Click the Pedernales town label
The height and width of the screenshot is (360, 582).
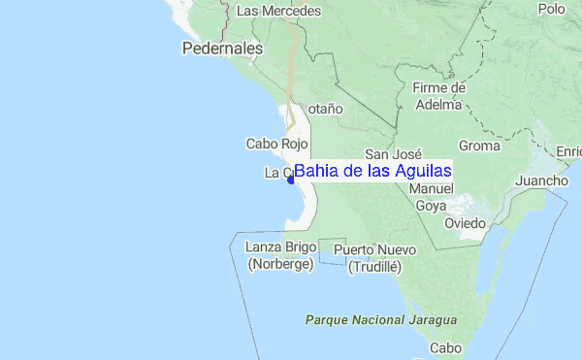click(x=222, y=48)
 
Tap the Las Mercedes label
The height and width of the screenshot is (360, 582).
click(x=278, y=11)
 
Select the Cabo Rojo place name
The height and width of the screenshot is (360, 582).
click(x=275, y=144)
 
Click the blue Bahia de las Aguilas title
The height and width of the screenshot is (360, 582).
click(x=372, y=170)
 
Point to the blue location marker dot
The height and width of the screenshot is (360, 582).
click(x=290, y=179)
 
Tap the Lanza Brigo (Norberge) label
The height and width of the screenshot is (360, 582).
click(x=279, y=255)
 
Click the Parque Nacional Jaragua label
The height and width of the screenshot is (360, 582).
click(x=380, y=319)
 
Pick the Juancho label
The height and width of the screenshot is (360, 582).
click(x=541, y=181)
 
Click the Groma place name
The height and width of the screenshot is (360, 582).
click(x=478, y=147)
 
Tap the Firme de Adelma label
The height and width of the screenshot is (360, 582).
click(x=438, y=96)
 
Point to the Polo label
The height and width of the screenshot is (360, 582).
click(x=551, y=9)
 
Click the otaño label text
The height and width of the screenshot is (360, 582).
click(x=325, y=110)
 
